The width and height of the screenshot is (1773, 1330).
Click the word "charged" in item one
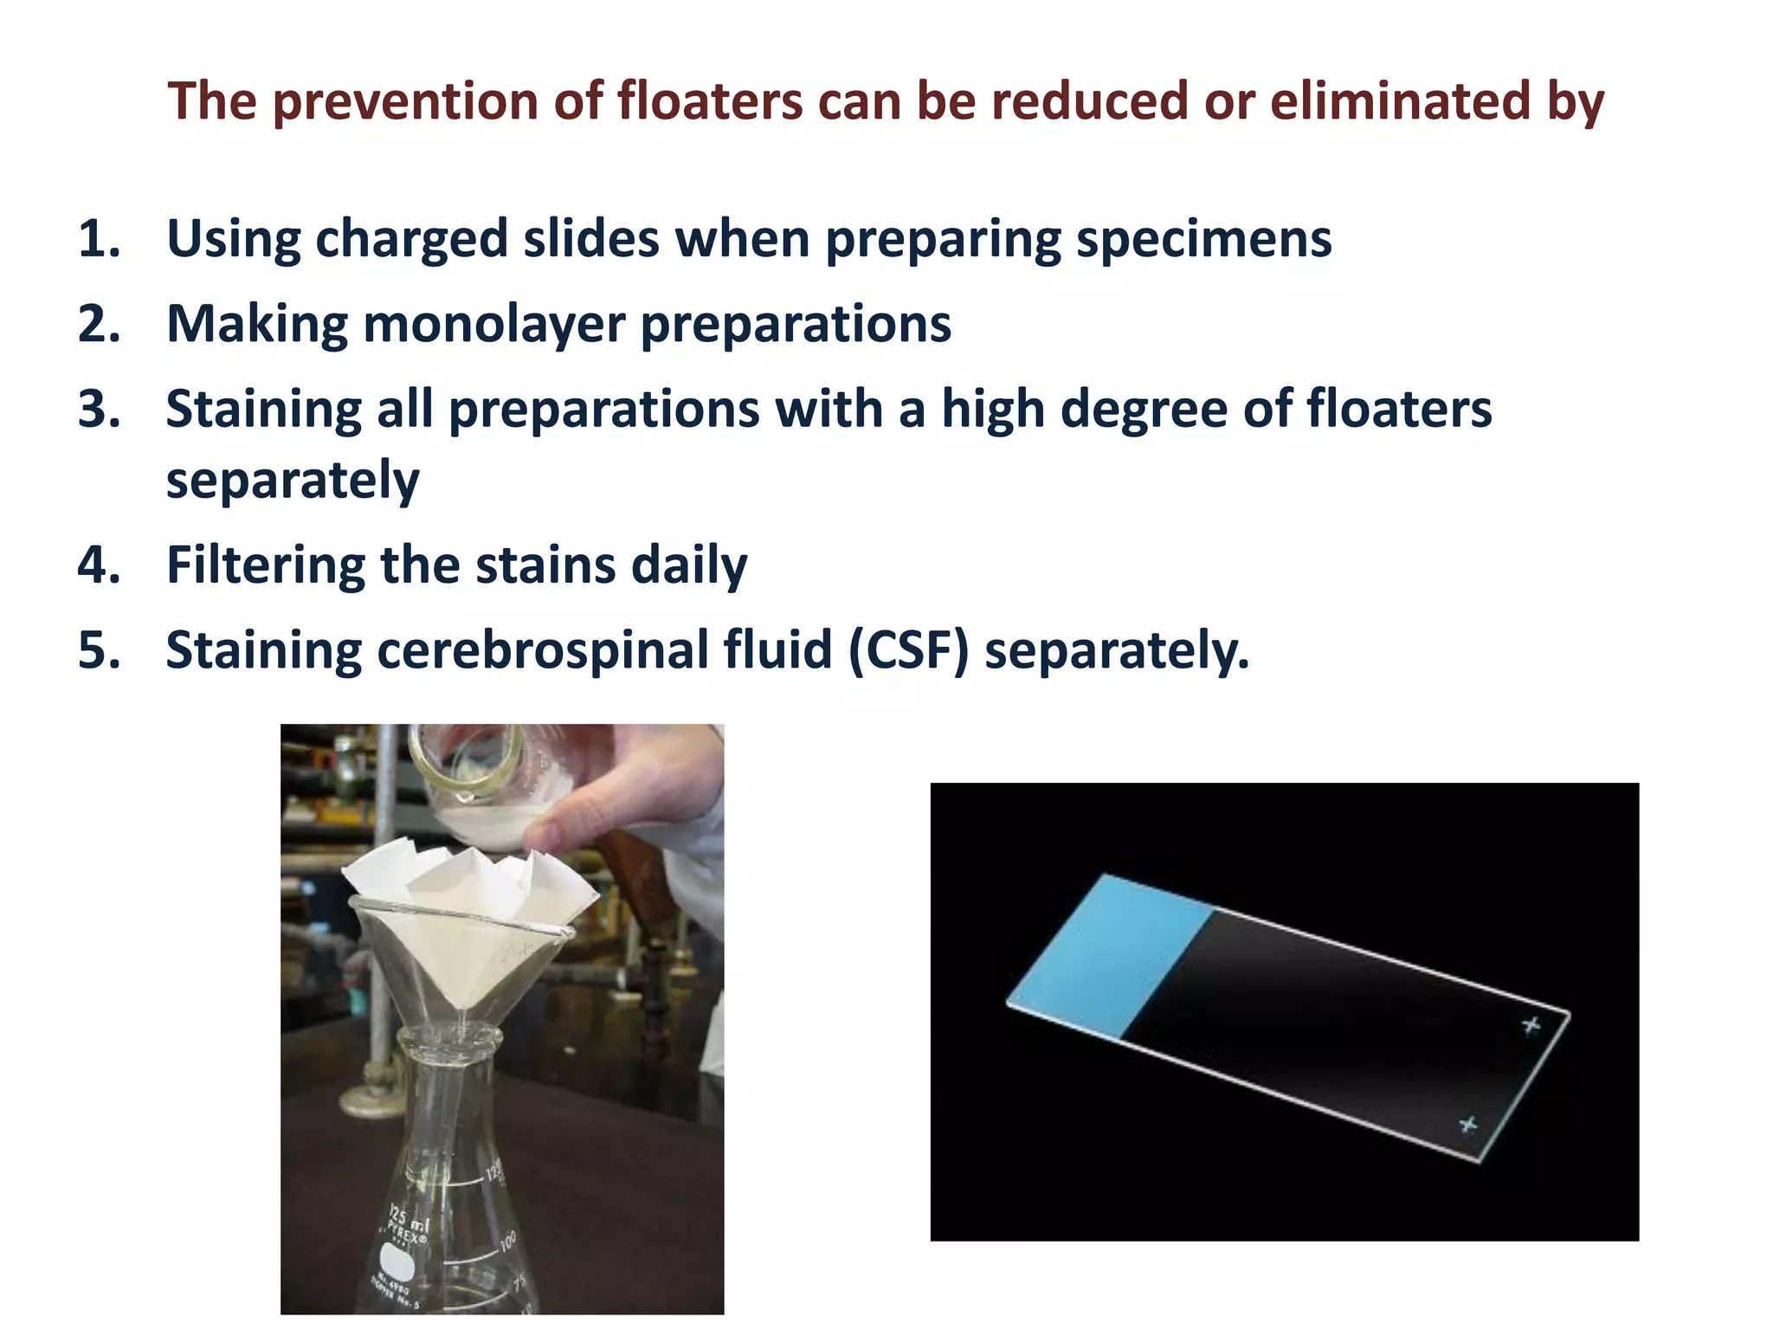click(x=411, y=240)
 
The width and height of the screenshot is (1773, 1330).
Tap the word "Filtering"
click(x=265, y=565)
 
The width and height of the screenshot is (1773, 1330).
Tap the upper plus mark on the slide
click(x=1531, y=1025)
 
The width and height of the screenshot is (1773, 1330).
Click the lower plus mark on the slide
click(x=1467, y=1124)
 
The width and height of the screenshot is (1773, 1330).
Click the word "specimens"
click(x=1203, y=240)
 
